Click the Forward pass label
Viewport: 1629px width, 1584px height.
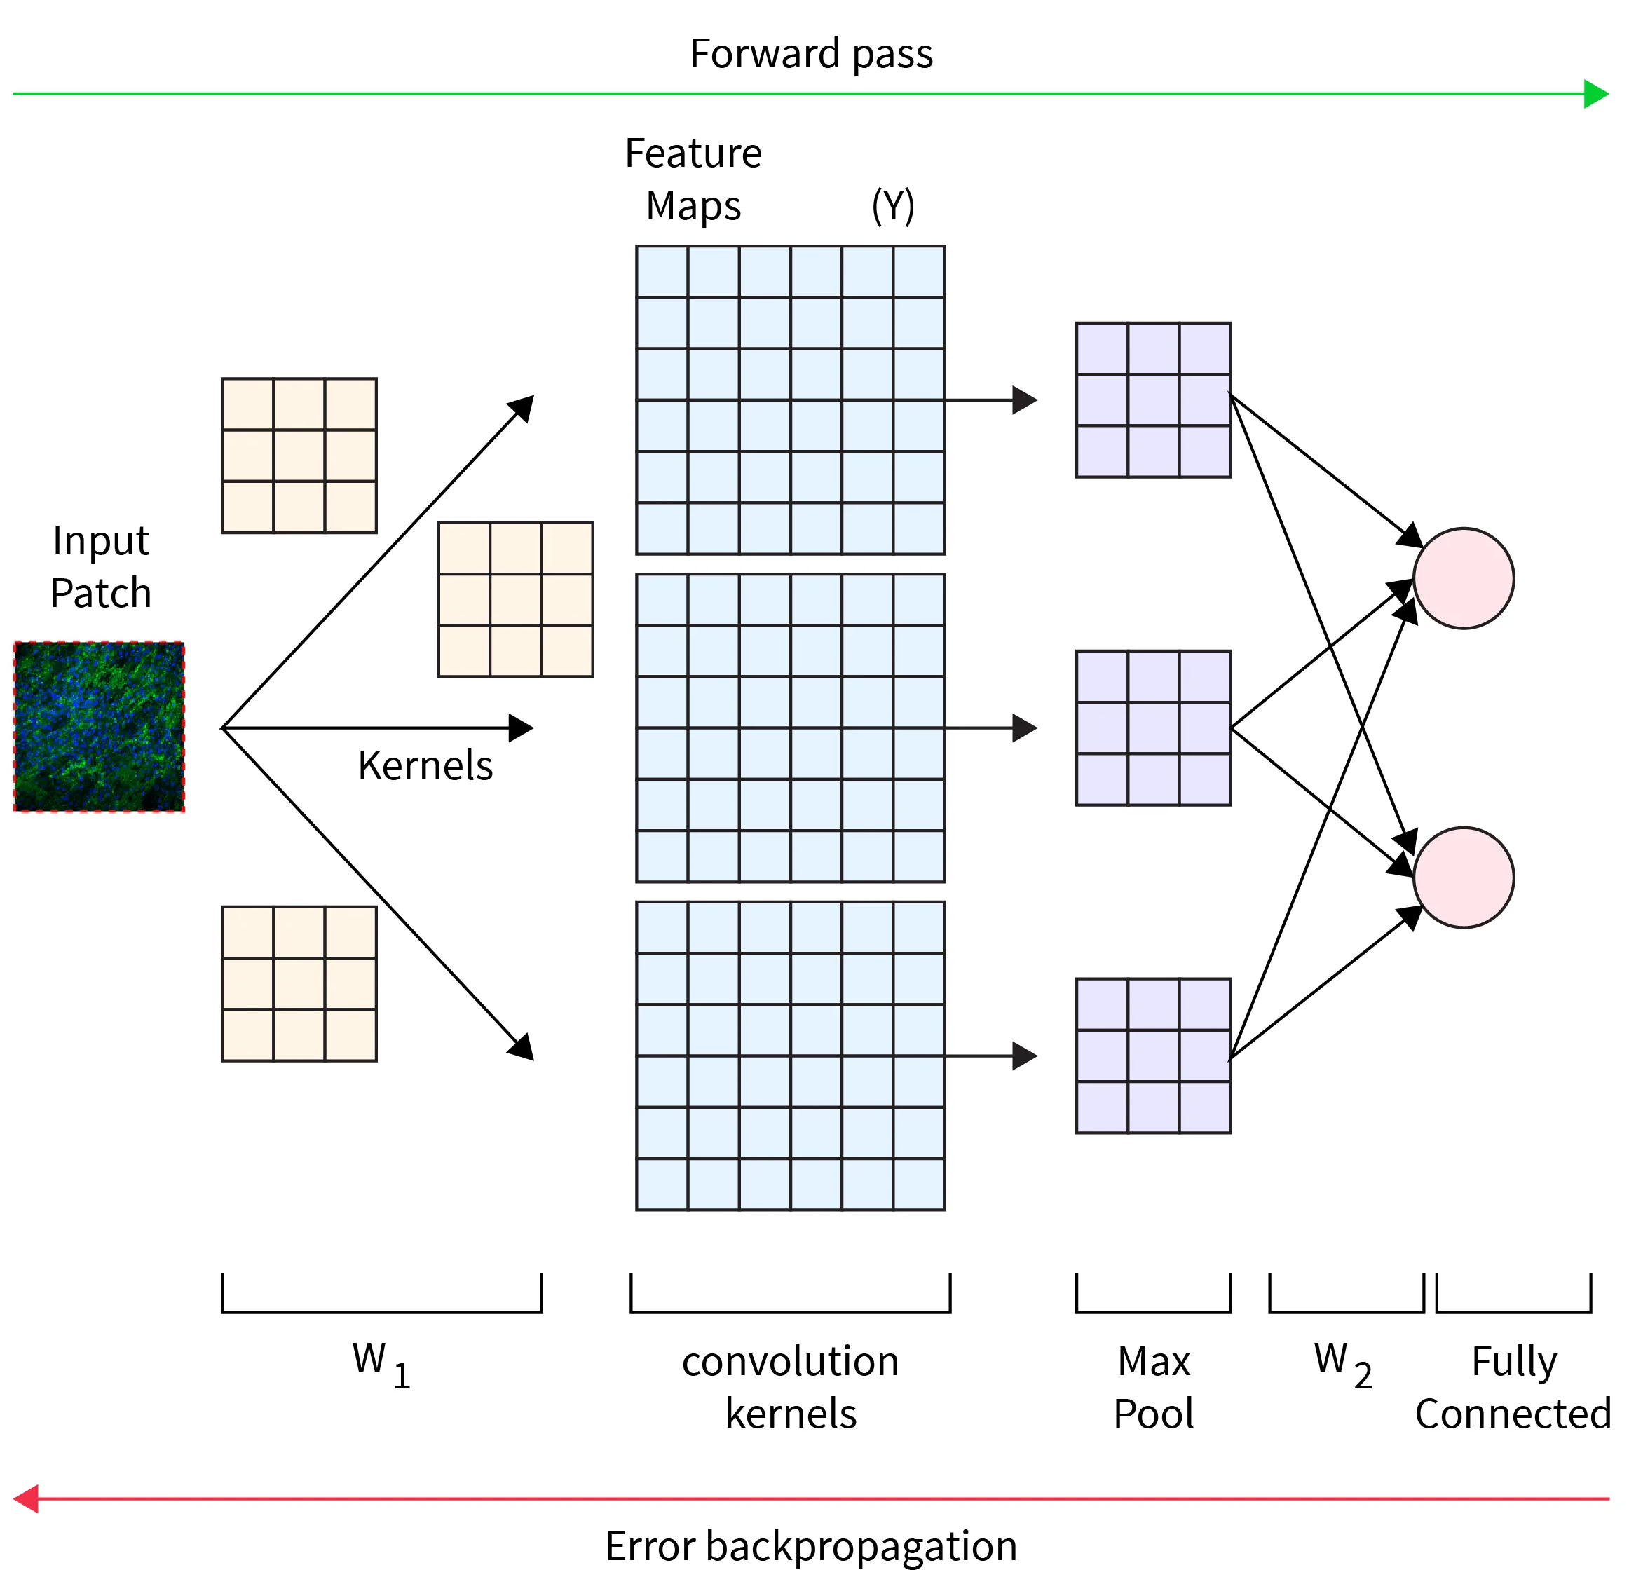click(x=811, y=54)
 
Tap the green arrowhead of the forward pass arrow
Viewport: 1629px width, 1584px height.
click(x=1597, y=94)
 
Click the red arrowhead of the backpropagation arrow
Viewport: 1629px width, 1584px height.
click(x=27, y=1499)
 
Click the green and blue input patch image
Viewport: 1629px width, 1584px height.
click(x=99, y=726)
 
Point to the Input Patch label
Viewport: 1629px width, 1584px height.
click(x=101, y=566)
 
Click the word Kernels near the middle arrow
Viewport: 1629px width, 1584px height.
click(x=425, y=765)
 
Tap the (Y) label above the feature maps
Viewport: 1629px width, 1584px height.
click(x=893, y=205)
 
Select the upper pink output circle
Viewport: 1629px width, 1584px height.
click(x=1464, y=578)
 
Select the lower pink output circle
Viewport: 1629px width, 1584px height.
click(x=1464, y=877)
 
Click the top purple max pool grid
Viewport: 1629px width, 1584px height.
click(x=1153, y=400)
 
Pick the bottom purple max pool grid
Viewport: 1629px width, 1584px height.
click(x=1153, y=1056)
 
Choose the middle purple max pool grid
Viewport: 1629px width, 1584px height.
click(x=1153, y=728)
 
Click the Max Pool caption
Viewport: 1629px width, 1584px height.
click(x=1153, y=1388)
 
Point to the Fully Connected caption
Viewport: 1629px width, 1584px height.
click(x=1513, y=1388)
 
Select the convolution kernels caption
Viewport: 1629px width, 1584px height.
click(x=791, y=1388)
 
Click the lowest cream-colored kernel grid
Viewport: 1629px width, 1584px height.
click(x=299, y=983)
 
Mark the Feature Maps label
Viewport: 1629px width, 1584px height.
click(x=693, y=179)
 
